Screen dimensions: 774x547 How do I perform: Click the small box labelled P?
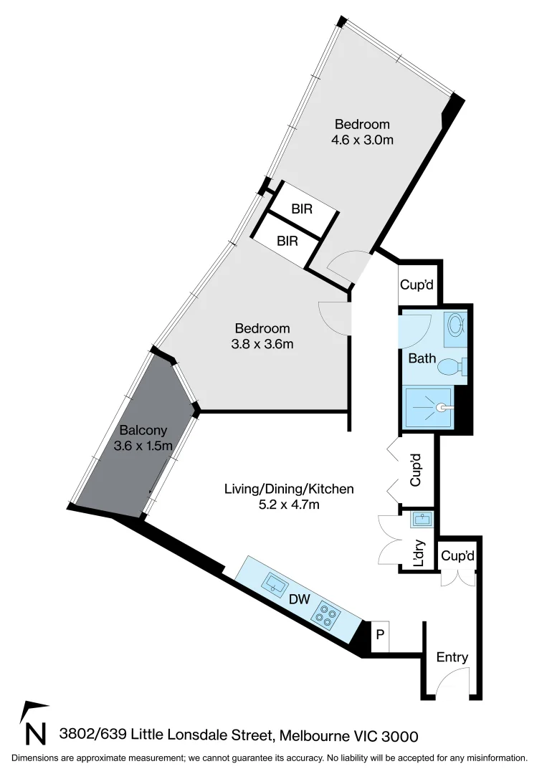click(x=380, y=636)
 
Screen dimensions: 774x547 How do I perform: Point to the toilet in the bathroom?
click(x=452, y=367)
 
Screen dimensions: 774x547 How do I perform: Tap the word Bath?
click(x=422, y=358)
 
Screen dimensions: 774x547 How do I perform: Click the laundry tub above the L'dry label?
click(x=422, y=519)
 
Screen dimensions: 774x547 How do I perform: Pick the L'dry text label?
click(x=420, y=553)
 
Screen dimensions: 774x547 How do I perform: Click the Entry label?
click(x=452, y=657)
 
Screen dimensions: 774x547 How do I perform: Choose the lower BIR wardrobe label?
click(x=287, y=241)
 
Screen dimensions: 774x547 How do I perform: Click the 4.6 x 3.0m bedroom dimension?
click(x=362, y=140)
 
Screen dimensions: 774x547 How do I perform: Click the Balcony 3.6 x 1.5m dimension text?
click(x=143, y=446)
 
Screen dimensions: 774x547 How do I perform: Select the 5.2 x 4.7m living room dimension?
click(x=290, y=505)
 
